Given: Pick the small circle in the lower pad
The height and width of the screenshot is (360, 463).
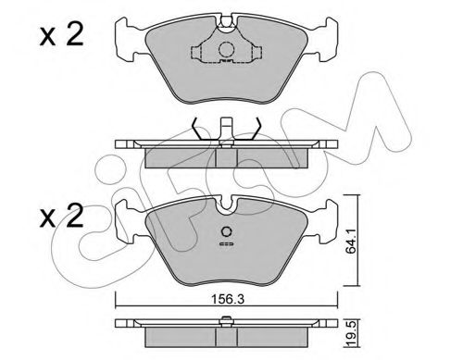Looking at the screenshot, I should [x=223, y=233].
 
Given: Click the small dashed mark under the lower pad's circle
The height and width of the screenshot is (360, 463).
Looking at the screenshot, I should [x=223, y=246].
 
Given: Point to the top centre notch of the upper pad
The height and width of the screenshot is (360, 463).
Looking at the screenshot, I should [x=223, y=20].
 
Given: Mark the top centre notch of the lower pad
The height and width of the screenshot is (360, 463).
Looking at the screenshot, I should [x=223, y=205].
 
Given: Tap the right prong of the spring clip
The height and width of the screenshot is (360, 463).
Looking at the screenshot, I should [x=257, y=130].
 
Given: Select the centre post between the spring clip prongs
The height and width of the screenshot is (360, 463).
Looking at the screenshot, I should [x=223, y=130].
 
